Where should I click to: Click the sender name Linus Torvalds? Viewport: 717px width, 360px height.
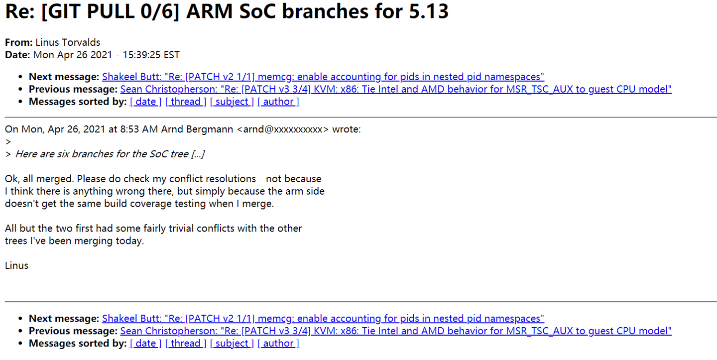pos(68,42)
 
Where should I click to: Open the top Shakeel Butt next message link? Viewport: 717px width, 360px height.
pos(323,77)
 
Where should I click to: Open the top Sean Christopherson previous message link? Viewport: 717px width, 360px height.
pos(396,89)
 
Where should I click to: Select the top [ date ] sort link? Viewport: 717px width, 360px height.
pos(146,102)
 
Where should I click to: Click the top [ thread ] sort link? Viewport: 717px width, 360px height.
pos(186,102)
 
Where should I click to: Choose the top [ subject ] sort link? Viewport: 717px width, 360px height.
pos(232,102)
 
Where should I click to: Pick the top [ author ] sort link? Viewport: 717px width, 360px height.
pos(278,102)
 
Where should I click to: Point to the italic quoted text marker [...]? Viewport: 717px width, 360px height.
pos(198,154)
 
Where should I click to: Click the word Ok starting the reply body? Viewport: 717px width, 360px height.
pos(11,179)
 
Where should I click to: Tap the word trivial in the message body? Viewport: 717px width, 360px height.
pos(198,229)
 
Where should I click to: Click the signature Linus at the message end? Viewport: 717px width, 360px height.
pos(16,265)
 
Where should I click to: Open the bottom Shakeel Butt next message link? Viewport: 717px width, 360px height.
pos(323,318)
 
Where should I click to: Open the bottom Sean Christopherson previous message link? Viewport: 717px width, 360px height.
pos(396,331)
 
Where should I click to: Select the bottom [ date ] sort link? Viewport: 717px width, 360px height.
pos(146,343)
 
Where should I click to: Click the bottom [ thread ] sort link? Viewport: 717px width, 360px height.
pos(186,343)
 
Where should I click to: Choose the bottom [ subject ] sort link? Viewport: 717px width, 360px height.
pos(232,343)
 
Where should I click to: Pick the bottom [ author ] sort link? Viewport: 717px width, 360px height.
pos(278,343)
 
